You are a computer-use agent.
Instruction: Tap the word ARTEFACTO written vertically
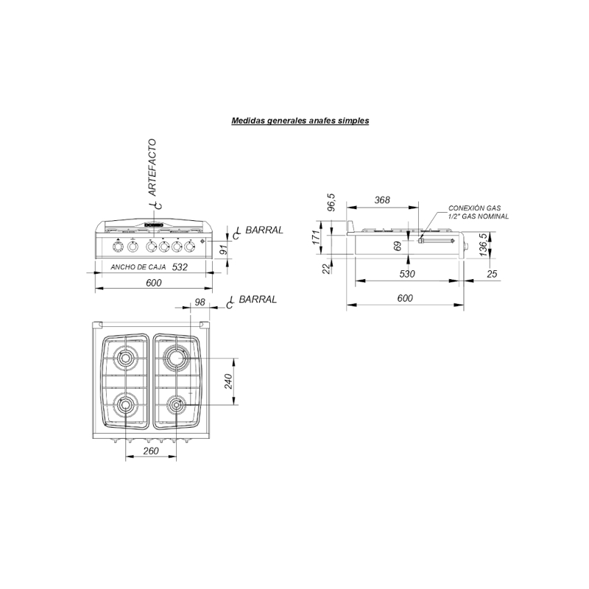coord(152,166)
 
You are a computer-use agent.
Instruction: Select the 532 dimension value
coord(180,267)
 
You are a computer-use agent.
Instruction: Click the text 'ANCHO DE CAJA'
coord(138,267)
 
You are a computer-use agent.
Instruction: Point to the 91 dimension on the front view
coord(223,251)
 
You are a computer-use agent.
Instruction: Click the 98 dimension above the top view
coord(199,303)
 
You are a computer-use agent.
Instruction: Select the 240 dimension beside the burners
coord(228,381)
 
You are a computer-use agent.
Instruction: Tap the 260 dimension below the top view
coord(152,451)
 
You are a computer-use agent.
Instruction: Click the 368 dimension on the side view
coord(381,200)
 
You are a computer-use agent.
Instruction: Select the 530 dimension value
coord(407,274)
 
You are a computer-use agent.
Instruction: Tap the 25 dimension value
coord(492,274)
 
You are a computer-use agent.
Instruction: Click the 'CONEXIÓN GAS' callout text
coord(476,209)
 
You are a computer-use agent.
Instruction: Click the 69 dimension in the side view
coord(398,245)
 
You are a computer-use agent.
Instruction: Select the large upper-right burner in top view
coord(177,358)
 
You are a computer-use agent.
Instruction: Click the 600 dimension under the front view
coord(152,283)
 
